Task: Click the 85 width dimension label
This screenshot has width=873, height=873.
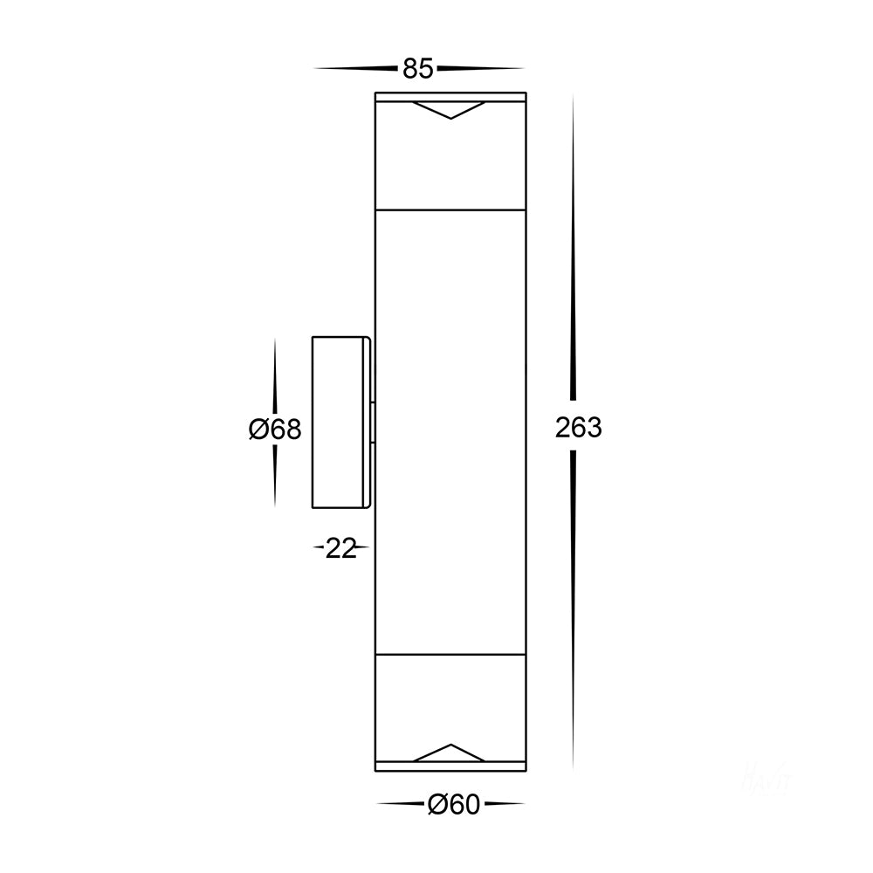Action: (417, 69)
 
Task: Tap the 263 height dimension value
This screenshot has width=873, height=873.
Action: (578, 428)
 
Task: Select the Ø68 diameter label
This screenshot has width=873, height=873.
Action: (275, 430)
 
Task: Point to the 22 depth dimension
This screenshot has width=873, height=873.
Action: (341, 548)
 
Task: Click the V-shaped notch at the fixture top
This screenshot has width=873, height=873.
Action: (450, 110)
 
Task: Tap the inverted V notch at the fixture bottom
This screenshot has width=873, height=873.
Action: (450, 753)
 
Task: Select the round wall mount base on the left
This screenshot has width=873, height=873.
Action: (341, 422)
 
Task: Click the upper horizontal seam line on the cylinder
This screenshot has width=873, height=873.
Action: (450, 210)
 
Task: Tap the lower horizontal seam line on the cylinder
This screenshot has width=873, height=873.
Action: (450, 652)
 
